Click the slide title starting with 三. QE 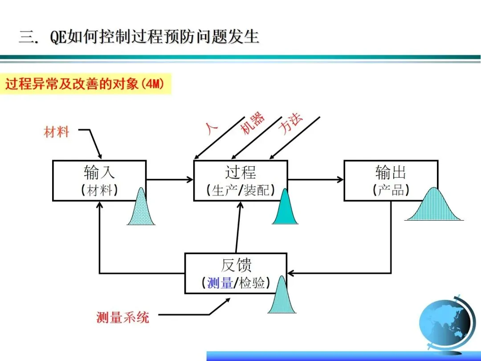coord(139,37)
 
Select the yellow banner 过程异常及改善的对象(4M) coord(88,84)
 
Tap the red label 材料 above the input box coord(57,132)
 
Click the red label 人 coord(212,127)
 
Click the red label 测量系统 coord(122,317)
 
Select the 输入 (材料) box coord(99,180)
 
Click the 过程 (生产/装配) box coord(240,180)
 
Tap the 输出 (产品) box coord(391,180)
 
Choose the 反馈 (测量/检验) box coord(236,273)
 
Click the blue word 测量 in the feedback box coord(220,283)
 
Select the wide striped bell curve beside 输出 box coord(433,206)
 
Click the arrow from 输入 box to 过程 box coord(170,180)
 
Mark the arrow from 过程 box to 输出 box coord(316,180)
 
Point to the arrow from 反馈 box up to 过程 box coord(238,227)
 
